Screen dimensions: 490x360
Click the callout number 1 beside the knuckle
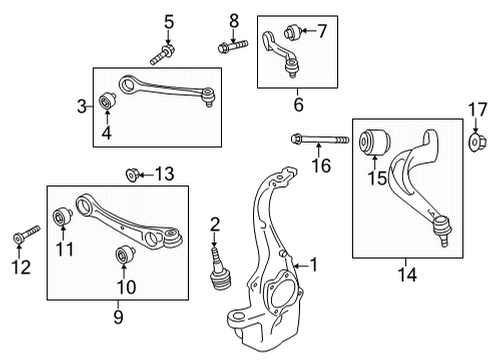(314, 265)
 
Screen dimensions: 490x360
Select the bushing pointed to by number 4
(108, 101)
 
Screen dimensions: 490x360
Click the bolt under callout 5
(162, 55)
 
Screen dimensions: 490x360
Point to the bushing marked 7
(293, 32)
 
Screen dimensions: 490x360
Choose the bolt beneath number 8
(233, 46)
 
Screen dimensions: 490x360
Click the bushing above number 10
(125, 254)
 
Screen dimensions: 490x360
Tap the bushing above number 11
(63, 216)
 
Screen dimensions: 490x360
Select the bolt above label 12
(26, 235)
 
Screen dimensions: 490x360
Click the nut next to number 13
(132, 174)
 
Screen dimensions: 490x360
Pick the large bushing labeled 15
(374, 142)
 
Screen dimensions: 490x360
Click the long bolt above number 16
(320, 139)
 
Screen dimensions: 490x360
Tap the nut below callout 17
(477, 142)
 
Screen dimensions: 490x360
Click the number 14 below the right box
(407, 274)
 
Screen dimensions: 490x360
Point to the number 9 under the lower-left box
(118, 316)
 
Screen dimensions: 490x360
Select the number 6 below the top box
(298, 104)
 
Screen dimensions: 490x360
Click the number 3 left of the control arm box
(82, 107)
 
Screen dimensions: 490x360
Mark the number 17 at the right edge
(477, 110)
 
